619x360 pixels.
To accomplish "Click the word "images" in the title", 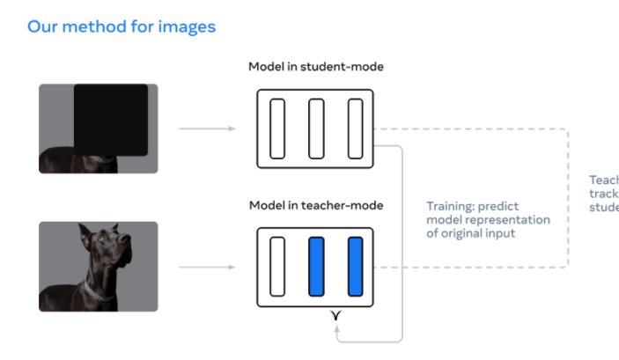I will (x=186, y=26).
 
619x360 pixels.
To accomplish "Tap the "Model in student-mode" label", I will (x=316, y=67).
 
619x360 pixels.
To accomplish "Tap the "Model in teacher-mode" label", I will (x=316, y=206).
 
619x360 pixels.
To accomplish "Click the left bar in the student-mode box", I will (x=277, y=129).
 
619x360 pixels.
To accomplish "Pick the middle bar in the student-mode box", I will (x=316, y=129).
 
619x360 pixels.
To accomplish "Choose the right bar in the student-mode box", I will (x=355, y=129).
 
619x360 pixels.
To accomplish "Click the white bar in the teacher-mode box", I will (x=277, y=266).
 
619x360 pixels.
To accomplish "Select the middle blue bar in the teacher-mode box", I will (x=316, y=266).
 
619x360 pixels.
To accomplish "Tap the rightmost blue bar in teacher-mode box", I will (x=355, y=266).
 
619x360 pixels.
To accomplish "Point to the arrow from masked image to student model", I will (x=207, y=129).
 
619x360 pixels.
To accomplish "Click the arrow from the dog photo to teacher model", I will (x=207, y=266).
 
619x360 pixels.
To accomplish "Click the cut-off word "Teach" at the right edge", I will (x=604, y=180).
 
